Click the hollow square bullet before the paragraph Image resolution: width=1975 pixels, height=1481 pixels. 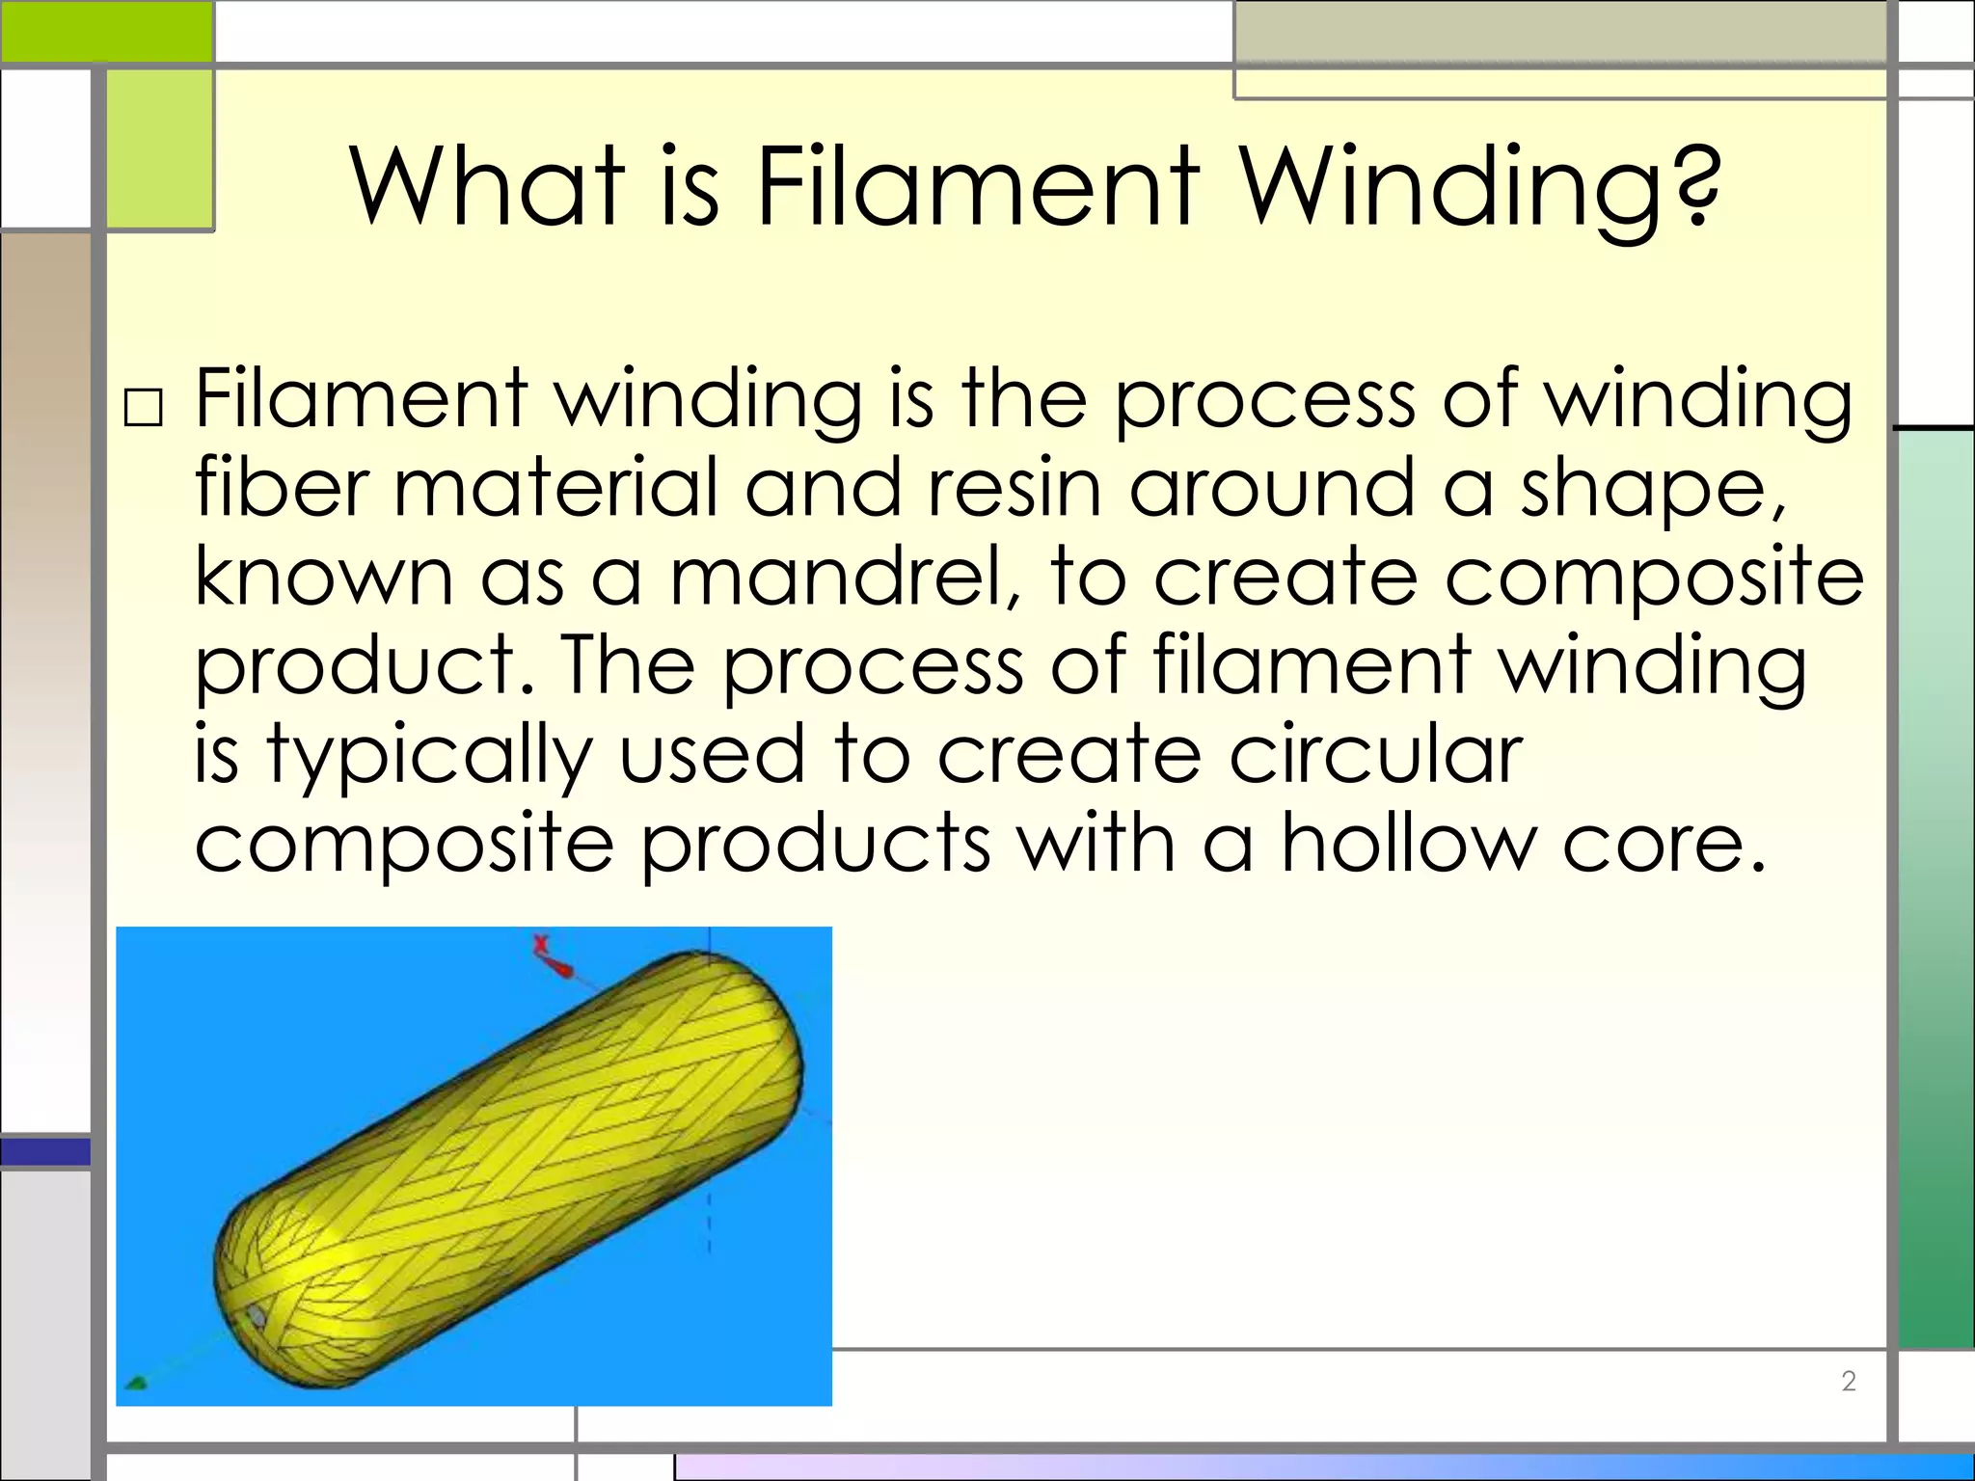click(x=144, y=409)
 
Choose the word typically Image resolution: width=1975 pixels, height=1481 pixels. click(x=429, y=756)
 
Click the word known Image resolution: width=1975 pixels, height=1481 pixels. click(x=324, y=577)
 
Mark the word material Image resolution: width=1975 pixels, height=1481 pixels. click(x=556, y=488)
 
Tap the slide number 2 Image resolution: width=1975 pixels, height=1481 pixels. click(x=1849, y=1381)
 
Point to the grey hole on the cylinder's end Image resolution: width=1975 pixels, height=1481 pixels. click(x=257, y=1316)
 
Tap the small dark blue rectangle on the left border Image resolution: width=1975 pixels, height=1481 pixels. click(x=45, y=1151)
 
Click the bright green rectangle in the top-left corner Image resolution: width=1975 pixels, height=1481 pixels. click(x=106, y=31)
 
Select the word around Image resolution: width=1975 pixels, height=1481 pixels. click(x=1272, y=488)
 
